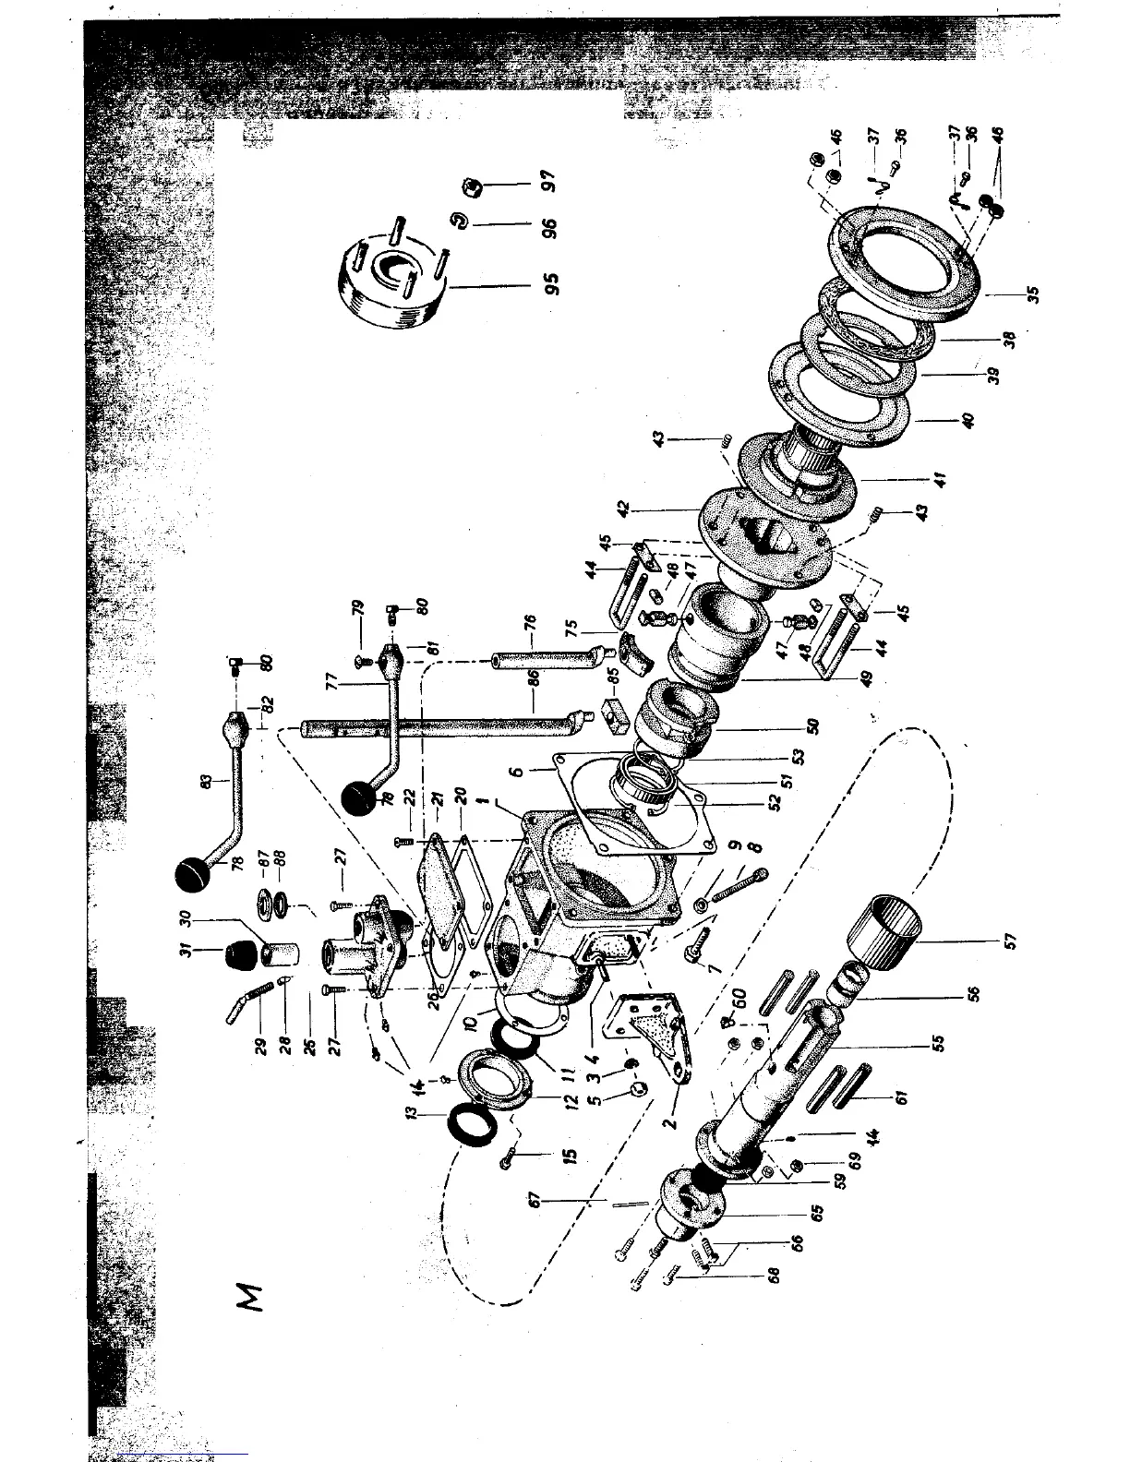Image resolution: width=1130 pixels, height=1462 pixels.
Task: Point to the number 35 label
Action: click(x=1034, y=294)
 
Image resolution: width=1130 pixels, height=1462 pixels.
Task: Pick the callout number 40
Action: click(x=968, y=419)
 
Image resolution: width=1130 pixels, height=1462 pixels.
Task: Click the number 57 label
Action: click(x=1009, y=941)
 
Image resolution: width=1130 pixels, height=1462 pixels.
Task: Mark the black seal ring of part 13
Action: click(x=478, y=1128)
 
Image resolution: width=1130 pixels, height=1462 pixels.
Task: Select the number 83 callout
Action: click(x=209, y=782)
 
